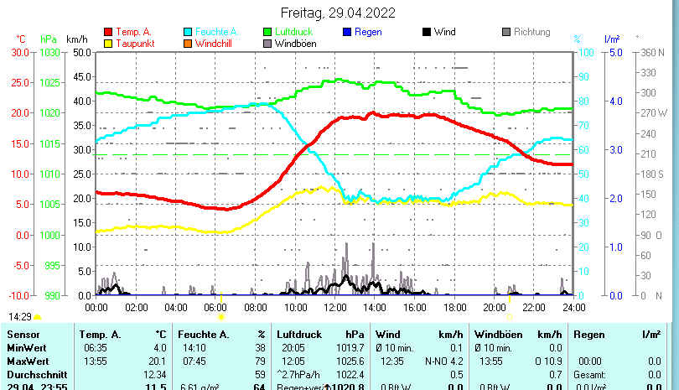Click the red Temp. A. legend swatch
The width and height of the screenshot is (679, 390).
[108, 32]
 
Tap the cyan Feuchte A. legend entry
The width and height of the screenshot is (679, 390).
[214, 32]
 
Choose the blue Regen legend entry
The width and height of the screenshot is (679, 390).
[368, 32]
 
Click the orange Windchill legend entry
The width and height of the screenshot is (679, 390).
[215, 43]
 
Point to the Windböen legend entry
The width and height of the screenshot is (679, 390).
[295, 43]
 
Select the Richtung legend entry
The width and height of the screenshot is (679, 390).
[531, 32]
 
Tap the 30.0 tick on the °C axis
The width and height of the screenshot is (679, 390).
[20, 52]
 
